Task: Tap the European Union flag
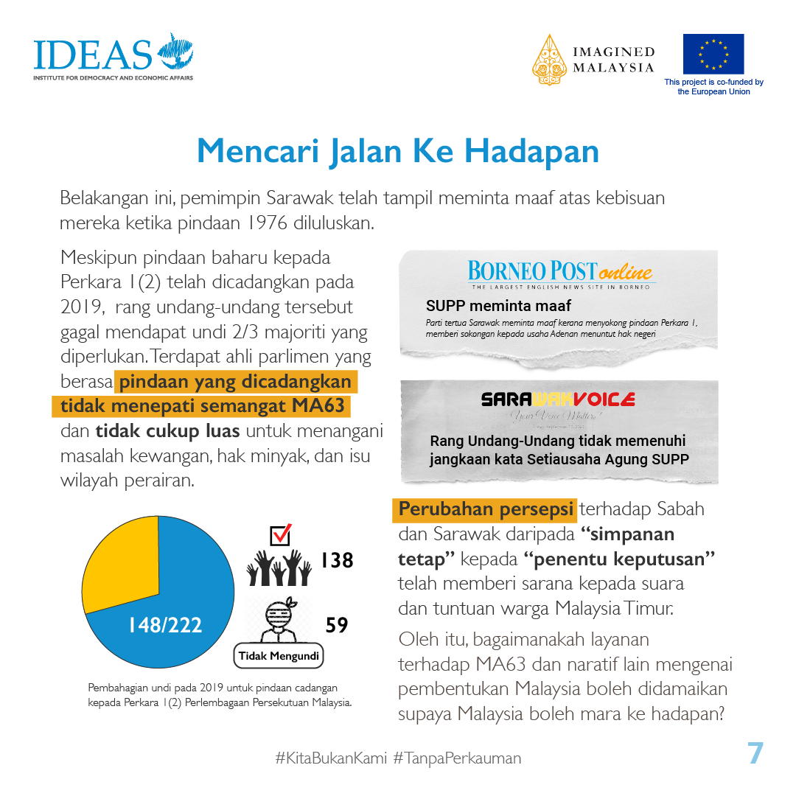coord(713,54)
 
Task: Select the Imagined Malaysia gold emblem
coord(551,60)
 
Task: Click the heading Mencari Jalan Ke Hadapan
coord(398,151)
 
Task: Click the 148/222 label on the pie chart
coord(165,625)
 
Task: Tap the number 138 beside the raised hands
coord(337,561)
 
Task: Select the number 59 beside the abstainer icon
coord(337,625)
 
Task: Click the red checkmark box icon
coord(281,534)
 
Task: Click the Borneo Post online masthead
coord(560,272)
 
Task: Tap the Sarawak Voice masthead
coord(558,399)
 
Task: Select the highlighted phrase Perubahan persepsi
coord(486,509)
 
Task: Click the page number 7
coord(755,754)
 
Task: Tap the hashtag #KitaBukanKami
coord(331,758)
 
